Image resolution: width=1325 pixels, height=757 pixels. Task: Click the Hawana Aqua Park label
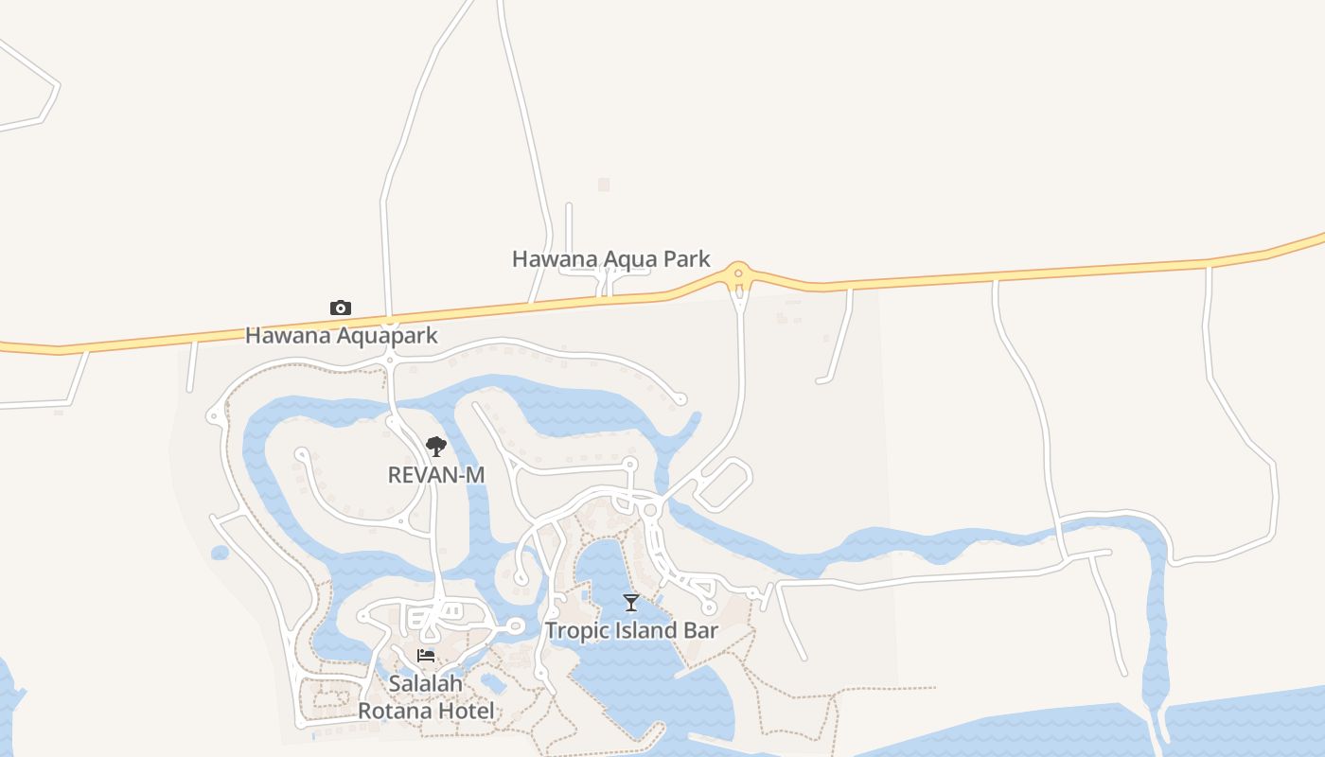pyautogui.click(x=610, y=258)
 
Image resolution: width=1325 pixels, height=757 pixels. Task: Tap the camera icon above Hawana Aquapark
pyautogui.click(x=341, y=308)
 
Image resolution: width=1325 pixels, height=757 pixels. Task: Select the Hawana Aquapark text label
pyautogui.click(x=342, y=335)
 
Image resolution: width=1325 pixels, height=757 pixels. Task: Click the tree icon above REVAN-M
pyautogui.click(x=435, y=447)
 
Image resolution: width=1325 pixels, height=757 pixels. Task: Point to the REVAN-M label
pyautogui.click(x=436, y=474)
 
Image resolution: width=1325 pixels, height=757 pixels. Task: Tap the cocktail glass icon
pyautogui.click(x=631, y=603)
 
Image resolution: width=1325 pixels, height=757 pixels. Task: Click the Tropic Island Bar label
pyautogui.click(x=631, y=630)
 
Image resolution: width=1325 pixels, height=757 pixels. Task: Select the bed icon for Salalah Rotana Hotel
pyautogui.click(x=426, y=656)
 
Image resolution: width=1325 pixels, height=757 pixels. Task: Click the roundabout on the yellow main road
pyautogui.click(x=738, y=273)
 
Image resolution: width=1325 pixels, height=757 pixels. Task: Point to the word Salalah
pyautogui.click(x=426, y=683)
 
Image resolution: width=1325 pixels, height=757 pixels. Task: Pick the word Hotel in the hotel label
pyautogui.click(x=466, y=711)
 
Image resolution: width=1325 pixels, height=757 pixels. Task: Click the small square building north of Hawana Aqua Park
pyautogui.click(x=604, y=185)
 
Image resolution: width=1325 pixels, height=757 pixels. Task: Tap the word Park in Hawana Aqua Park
pyautogui.click(x=686, y=258)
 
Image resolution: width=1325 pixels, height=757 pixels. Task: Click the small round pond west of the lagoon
pyautogui.click(x=221, y=553)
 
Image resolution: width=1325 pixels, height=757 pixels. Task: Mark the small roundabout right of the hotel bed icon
pyautogui.click(x=516, y=625)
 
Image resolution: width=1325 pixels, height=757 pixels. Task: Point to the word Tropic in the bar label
pyautogui.click(x=576, y=630)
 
